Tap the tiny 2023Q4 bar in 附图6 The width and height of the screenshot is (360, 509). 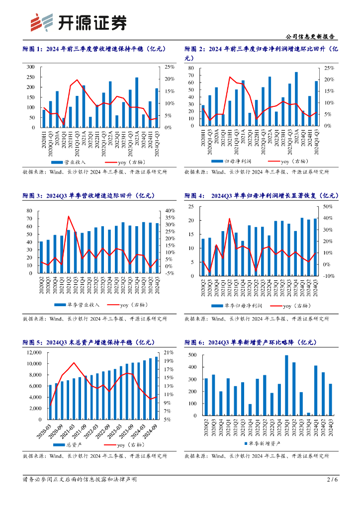pyautogui.click(x=308, y=414)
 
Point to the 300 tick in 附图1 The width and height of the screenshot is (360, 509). pyautogui.click(x=30, y=67)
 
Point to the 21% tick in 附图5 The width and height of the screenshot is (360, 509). pyautogui.click(x=169, y=352)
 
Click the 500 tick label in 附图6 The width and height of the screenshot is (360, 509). pyautogui.click(x=192, y=355)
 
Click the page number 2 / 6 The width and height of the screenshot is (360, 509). pyautogui.click(x=332, y=480)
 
